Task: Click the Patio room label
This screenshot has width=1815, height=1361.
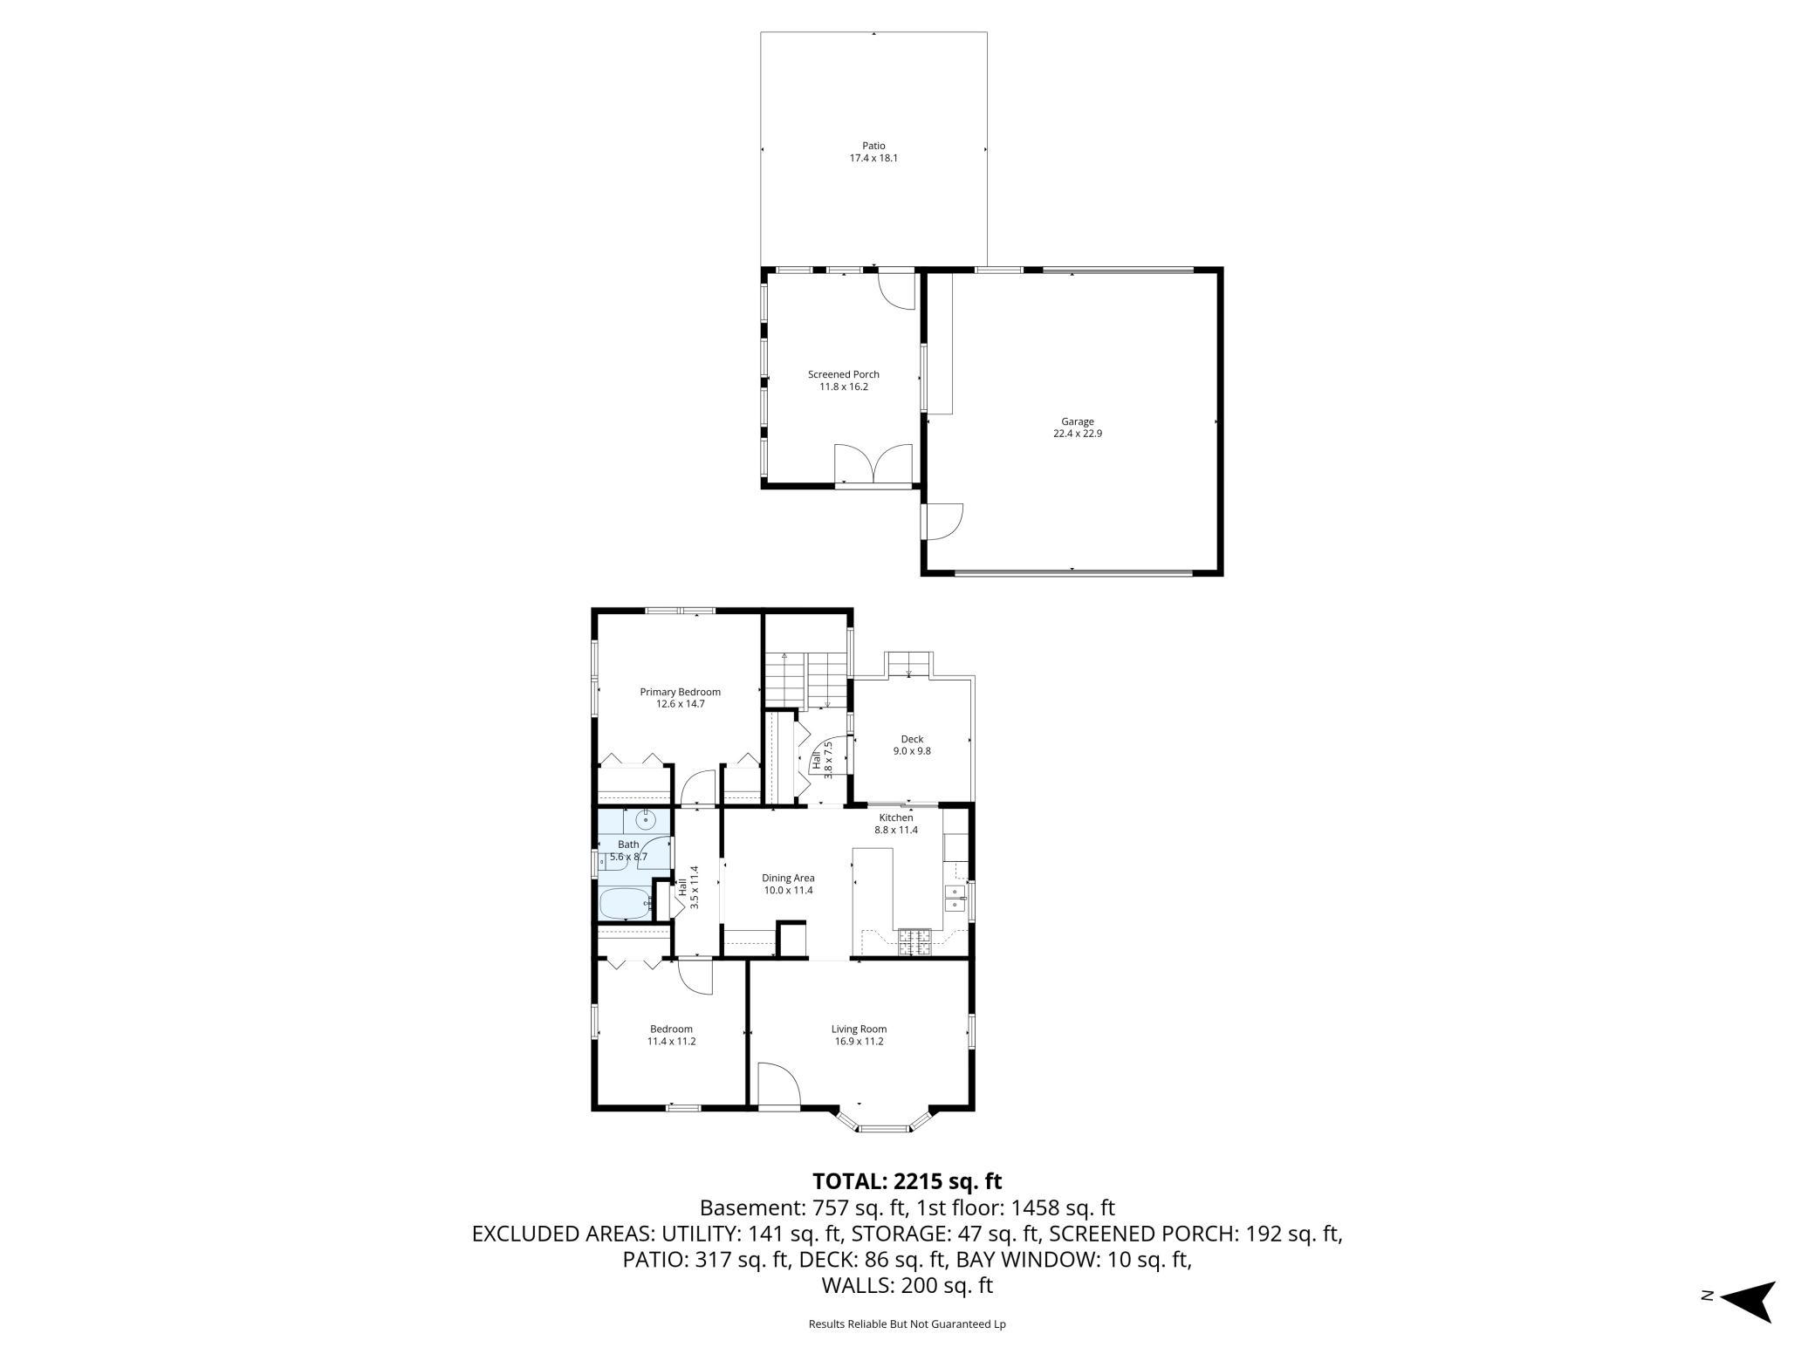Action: click(873, 146)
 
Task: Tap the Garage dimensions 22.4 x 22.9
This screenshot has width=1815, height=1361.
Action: click(1077, 434)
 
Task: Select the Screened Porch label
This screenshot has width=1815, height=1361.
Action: click(843, 374)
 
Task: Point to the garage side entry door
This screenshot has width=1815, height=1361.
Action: click(942, 522)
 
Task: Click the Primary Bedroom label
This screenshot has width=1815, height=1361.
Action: click(680, 692)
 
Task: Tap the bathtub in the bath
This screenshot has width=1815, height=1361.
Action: click(625, 903)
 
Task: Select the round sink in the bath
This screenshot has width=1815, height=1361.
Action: click(647, 819)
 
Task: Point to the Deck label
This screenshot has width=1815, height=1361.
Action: click(912, 739)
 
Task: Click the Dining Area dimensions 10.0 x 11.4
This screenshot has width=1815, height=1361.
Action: click(788, 891)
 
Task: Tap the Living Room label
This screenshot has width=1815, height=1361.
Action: click(859, 1029)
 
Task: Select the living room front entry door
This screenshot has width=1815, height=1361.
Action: click(778, 1086)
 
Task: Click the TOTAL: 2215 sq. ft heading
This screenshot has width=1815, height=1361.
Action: click(907, 1181)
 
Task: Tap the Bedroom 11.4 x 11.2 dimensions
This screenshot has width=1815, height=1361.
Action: click(671, 1041)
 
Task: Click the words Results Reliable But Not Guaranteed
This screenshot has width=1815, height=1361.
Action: click(907, 1324)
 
